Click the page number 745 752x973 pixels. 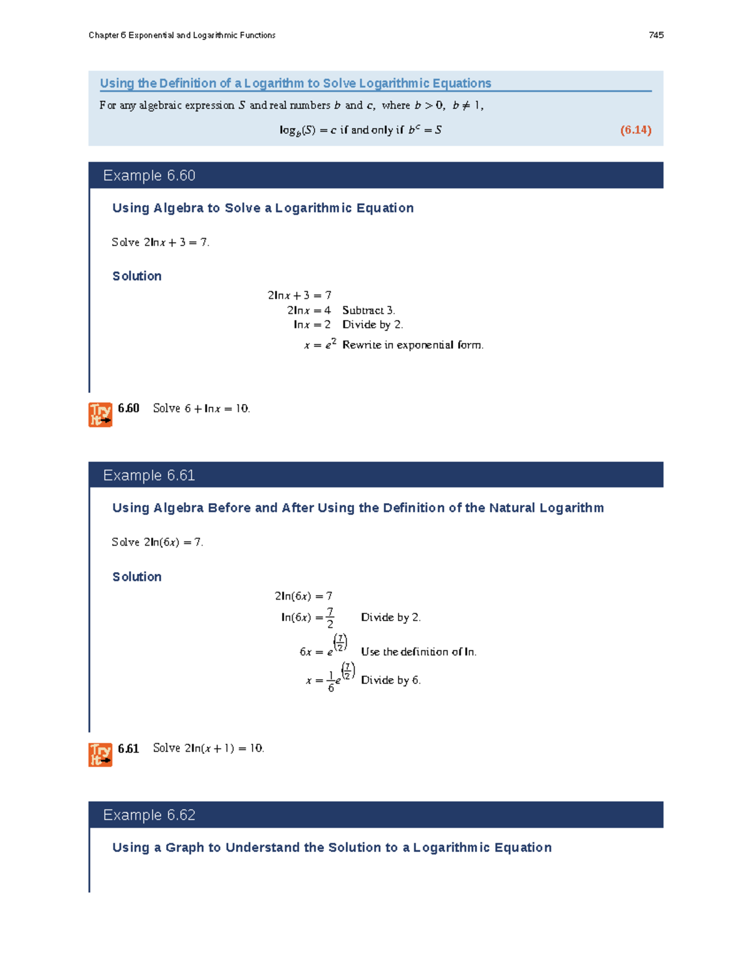coord(656,35)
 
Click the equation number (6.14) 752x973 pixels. coord(635,130)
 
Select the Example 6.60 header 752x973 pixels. coord(149,175)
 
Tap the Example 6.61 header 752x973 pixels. coord(149,476)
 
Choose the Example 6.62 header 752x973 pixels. coord(149,815)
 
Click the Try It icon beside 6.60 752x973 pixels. coord(100,415)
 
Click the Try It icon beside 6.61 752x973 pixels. coord(100,754)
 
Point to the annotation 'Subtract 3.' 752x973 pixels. coord(368,310)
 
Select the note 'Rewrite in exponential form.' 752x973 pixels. coord(412,345)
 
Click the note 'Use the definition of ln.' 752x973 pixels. coord(419,652)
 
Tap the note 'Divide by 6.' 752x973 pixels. coord(390,680)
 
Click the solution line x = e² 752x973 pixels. coord(320,345)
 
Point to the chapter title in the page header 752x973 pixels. coord(182,35)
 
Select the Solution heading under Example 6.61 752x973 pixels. coord(137,577)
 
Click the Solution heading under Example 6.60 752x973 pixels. coord(137,276)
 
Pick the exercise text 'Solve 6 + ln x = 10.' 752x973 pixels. coord(201,408)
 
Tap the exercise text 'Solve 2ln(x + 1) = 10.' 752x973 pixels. coord(208,748)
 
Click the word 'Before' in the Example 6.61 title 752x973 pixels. coord(229,508)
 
